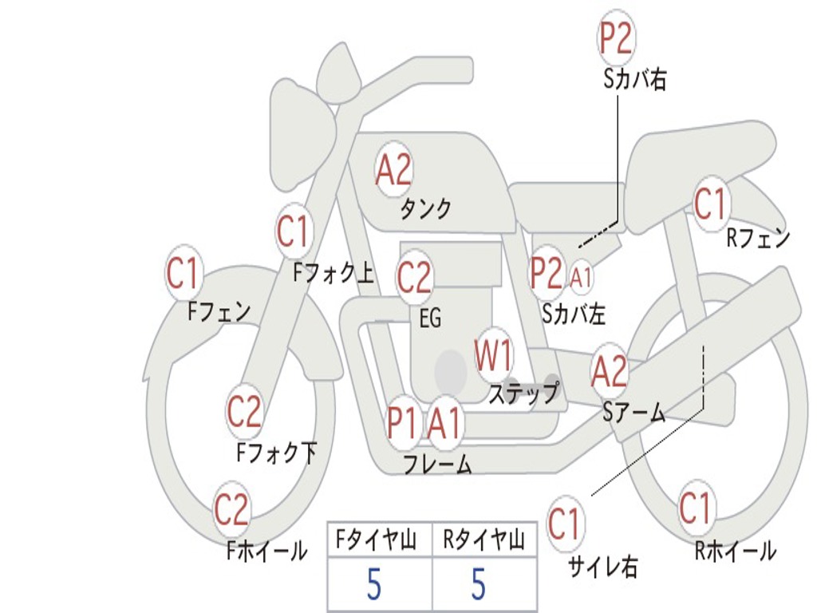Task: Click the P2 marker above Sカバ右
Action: (x=616, y=38)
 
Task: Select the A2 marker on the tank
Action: (x=394, y=169)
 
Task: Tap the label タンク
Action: (x=426, y=208)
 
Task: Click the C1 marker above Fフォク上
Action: (x=294, y=231)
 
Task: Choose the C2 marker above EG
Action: (x=414, y=277)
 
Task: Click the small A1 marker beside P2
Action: (x=581, y=277)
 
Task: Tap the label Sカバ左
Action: (x=573, y=314)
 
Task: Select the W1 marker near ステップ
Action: (x=494, y=355)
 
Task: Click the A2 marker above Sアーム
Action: (x=609, y=372)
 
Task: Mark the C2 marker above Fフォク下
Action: (x=245, y=411)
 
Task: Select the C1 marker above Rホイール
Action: (x=696, y=507)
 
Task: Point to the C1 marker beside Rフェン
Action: (x=711, y=204)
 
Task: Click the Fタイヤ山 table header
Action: (x=376, y=540)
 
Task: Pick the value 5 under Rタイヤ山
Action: (x=479, y=584)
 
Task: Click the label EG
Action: (x=430, y=318)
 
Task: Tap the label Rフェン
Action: (x=758, y=239)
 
